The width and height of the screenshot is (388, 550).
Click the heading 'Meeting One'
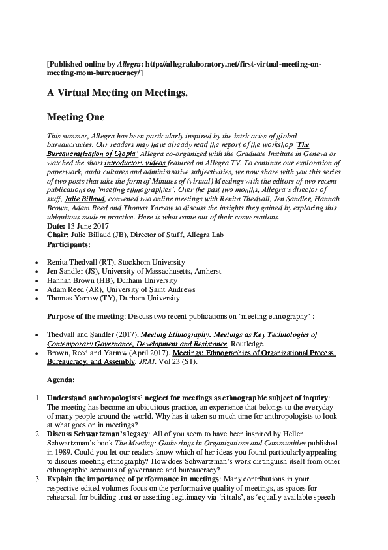[76, 118]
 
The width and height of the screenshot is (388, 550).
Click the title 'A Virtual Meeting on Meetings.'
[117, 93]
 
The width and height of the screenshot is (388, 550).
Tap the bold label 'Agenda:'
[61, 379]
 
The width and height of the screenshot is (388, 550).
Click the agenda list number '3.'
[38, 479]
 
